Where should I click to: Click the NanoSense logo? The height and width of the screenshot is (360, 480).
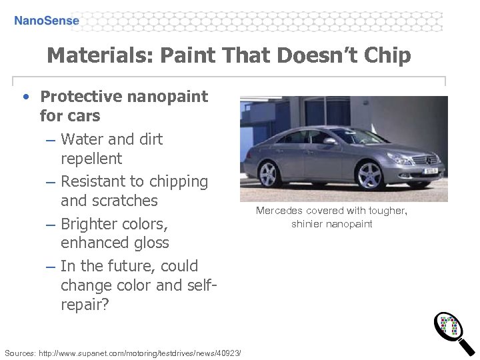tap(47, 21)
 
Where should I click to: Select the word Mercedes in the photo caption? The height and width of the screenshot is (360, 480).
tap(279, 211)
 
